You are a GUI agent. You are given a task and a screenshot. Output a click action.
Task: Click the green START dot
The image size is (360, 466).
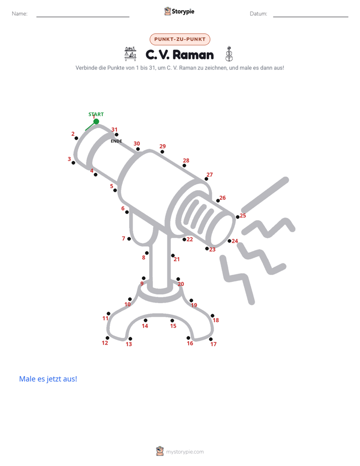96,121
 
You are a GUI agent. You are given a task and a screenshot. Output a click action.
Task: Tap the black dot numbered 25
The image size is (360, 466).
237,217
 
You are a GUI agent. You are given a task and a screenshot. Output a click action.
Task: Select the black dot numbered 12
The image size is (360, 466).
107,338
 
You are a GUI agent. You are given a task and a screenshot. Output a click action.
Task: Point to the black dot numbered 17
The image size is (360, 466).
211,339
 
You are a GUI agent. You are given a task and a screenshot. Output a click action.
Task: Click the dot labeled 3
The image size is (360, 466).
74,162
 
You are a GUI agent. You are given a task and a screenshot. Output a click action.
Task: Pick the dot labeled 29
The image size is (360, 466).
162,152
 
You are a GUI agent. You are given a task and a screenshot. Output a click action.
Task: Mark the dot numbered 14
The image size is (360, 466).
146,320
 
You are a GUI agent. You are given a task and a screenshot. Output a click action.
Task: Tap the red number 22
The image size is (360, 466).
190,239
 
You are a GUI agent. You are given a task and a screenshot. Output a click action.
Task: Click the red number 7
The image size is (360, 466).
124,239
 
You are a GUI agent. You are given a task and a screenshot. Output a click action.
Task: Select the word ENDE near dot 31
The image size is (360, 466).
116,141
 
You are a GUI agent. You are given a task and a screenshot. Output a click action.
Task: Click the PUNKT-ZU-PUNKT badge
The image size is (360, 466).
180,39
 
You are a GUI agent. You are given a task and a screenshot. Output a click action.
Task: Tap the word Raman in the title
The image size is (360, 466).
193,55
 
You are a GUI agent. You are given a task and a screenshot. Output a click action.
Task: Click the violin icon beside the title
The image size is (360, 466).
229,54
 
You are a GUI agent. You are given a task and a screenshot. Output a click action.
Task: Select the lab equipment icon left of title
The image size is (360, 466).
131,54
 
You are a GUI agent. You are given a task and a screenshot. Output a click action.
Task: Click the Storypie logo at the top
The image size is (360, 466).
179,11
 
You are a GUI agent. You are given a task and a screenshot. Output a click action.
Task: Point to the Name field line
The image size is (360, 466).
83,17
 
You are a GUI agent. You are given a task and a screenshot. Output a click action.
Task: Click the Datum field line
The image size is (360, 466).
311,17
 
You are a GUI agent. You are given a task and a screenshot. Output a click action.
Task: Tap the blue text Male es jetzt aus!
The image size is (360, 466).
48,379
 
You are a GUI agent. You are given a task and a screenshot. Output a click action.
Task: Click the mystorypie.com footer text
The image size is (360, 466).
185,452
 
